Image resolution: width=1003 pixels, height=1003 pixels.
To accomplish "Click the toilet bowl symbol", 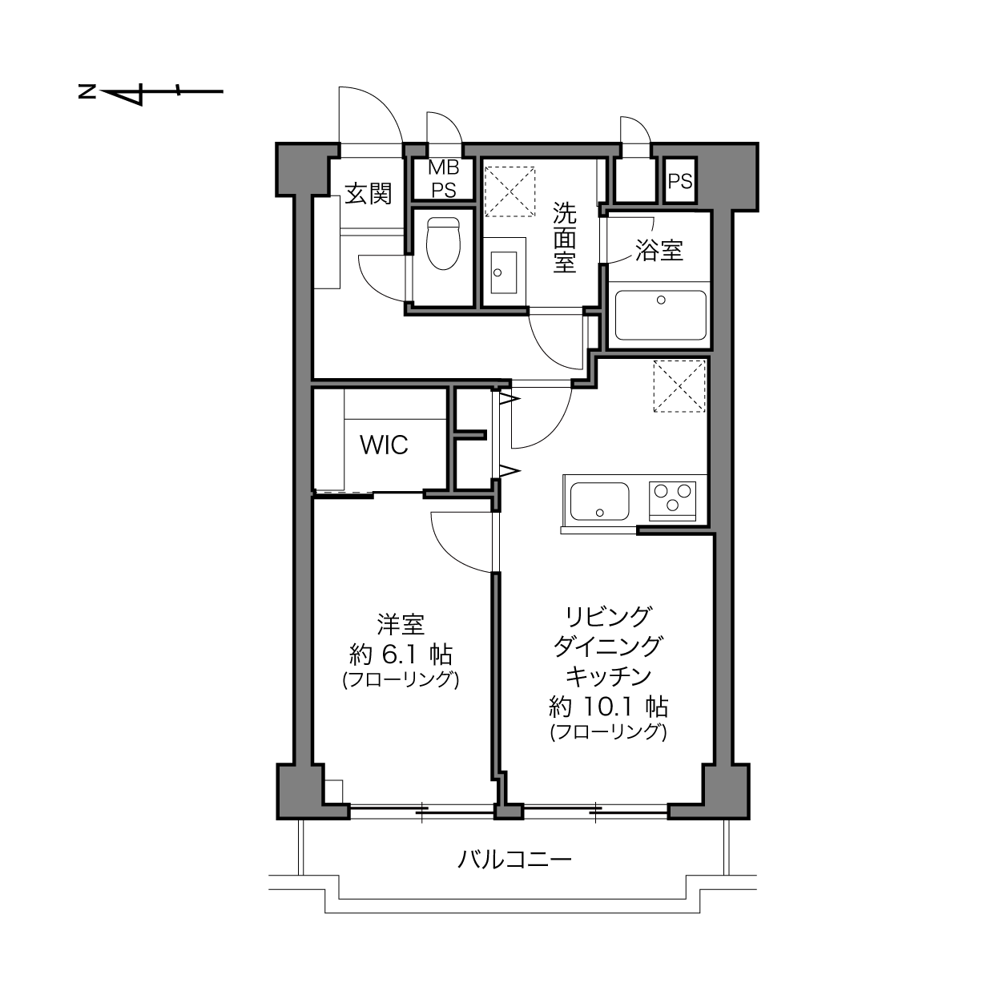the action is pos(443,244).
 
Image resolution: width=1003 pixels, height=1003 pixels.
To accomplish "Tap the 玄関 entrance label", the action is pos(368,194).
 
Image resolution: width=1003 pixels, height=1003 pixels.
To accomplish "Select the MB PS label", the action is pos(444,179).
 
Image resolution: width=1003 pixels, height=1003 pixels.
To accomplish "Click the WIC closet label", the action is pos(384,445).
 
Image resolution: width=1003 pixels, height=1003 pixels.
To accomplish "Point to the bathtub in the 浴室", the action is pos(660,315).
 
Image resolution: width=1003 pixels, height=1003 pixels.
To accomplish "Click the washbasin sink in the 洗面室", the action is pos(503,272).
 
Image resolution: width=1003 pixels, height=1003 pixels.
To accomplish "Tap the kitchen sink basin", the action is pos(599,501).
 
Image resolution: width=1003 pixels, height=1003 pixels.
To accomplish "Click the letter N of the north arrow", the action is pos(87,91).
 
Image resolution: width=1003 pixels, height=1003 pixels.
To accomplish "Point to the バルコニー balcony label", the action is pos(515,860).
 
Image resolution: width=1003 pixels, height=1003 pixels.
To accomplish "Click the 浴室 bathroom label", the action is pos(659,251).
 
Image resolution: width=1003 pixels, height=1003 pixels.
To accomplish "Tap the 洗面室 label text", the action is pos(565,238).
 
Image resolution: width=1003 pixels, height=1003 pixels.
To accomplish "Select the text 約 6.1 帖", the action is pos(401,655).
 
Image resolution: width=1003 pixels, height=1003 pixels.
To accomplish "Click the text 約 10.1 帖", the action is pos(609,707).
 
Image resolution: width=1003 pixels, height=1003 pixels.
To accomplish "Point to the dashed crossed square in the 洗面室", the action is pos(510,191).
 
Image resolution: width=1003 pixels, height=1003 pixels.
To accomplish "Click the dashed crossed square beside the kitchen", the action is pos(679,386).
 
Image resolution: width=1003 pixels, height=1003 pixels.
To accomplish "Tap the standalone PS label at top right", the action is pos(680,181).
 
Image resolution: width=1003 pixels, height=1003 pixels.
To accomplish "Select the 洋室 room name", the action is pos(401,625).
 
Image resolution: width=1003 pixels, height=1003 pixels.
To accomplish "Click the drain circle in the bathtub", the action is pos(661,300).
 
